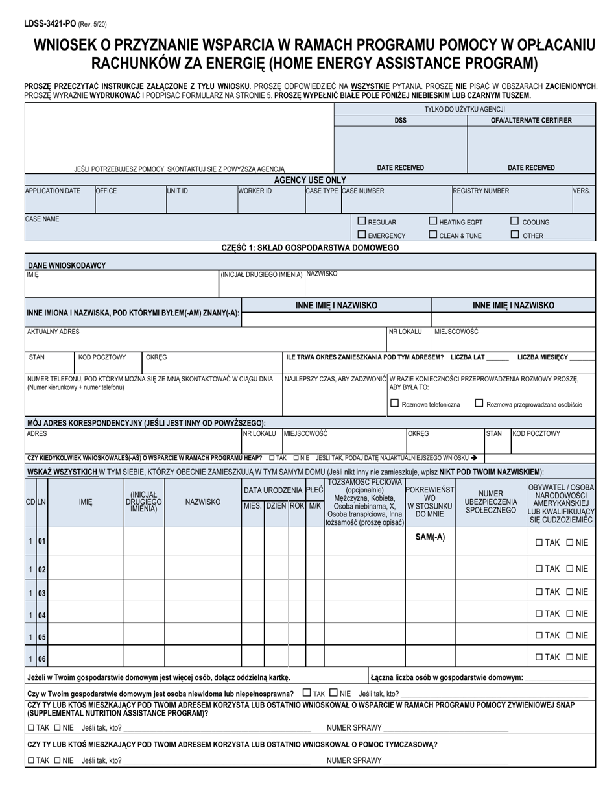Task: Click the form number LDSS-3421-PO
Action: pos(42,24)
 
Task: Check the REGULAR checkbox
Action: pos(362,221)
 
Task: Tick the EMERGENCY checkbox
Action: pos(362,235)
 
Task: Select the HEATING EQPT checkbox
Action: pos(433,221)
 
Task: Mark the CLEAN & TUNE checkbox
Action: pos(433,235)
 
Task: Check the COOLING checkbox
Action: pos(515,221)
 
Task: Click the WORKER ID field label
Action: pos(255,191)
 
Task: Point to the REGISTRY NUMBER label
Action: pos(480,191)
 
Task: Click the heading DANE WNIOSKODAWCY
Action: pos(67,265)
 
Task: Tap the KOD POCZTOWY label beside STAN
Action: pos(102,357)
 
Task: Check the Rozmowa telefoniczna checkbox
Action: pos(394,404)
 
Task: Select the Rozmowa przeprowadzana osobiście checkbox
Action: pos(479,404)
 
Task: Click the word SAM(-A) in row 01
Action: pos(429,537)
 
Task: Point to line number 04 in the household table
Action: pos(41,614)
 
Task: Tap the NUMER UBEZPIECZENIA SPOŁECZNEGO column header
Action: pos(491,502)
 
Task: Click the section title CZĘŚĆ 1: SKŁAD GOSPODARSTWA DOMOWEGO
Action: pos(310,248)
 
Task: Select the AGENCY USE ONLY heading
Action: pos(310,180)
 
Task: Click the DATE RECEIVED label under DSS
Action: pos(400,167)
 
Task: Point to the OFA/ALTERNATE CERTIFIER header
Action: pos(531,120)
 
